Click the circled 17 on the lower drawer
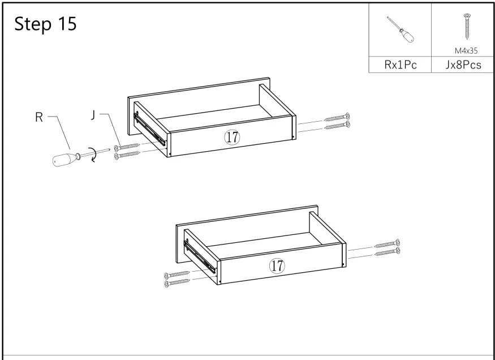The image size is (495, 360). coord(277,265)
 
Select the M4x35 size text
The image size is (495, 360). coord(467,50)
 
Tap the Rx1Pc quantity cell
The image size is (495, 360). coord(401,65)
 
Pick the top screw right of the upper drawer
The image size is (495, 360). coord(338,118)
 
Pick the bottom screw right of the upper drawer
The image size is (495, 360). coord(338,125)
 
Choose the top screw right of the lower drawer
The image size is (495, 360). coord(388,244)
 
